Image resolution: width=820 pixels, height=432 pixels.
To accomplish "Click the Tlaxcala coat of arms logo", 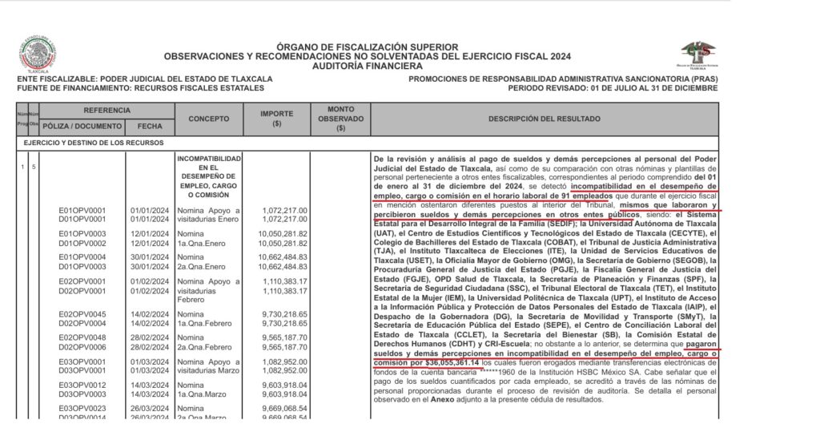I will tap(38, 54).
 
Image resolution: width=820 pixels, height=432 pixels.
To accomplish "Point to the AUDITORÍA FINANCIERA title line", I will tap(367, 67).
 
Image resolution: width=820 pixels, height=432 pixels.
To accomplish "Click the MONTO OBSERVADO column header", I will tap(341, 119).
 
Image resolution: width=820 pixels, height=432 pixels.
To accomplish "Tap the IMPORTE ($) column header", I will tap(276, 119).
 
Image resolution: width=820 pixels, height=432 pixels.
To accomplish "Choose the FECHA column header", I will tap(150, 127).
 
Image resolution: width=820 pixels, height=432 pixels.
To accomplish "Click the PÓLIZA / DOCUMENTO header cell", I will tap(83, 127).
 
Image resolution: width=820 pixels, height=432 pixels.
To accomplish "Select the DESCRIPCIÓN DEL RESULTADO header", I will tap(545, 119).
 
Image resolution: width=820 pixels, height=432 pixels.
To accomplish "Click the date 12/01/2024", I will tap(150, 233).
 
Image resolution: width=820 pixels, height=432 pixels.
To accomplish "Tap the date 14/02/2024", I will tap(150, 313).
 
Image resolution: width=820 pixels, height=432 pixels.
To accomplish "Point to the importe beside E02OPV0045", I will tap(284, 313).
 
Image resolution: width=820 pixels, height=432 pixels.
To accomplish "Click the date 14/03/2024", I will tap(150, 385).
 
